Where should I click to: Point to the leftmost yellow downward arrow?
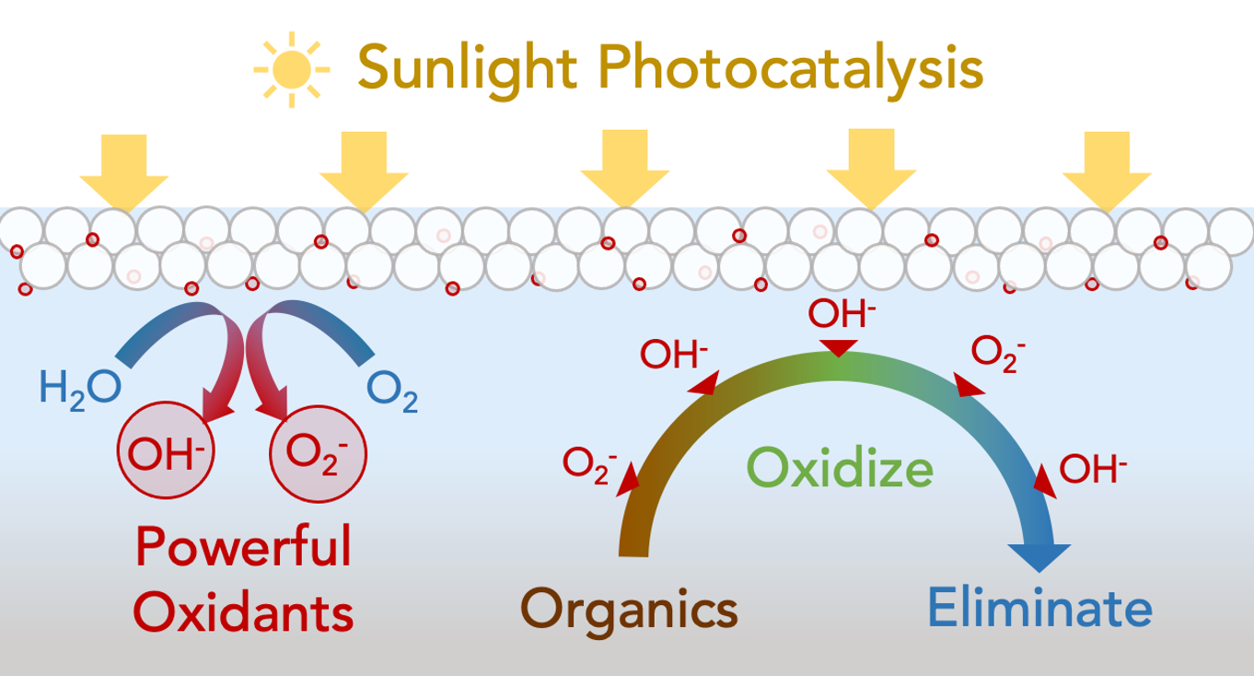124,170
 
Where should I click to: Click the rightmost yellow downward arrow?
1107,170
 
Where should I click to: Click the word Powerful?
243,547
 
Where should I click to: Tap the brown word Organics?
630,608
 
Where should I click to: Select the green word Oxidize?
840,467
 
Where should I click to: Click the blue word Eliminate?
1039,608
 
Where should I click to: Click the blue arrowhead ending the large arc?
1040,556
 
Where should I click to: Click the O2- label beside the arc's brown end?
589,463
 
